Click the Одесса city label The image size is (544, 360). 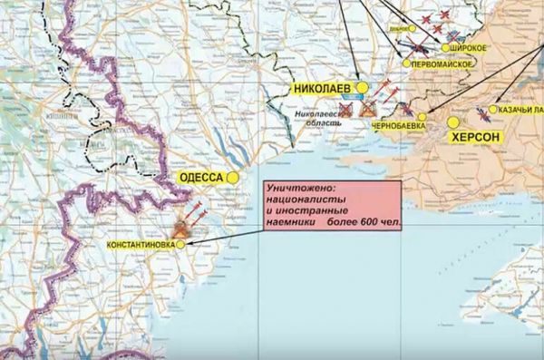click(x=202, y=178)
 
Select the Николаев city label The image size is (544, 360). click(x=323, y=88)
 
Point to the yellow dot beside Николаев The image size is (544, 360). click(x=361, y=87)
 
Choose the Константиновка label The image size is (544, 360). click(x=141, y=245)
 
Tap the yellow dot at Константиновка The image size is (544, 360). click(x=181, y=244)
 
